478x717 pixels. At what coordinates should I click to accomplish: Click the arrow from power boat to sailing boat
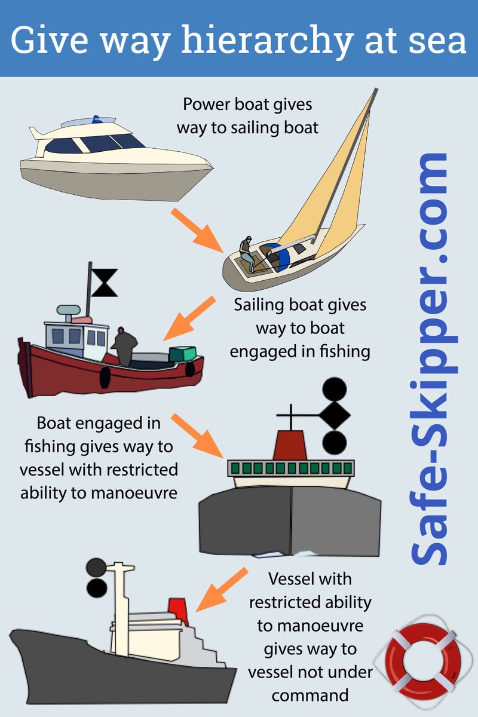197,231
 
